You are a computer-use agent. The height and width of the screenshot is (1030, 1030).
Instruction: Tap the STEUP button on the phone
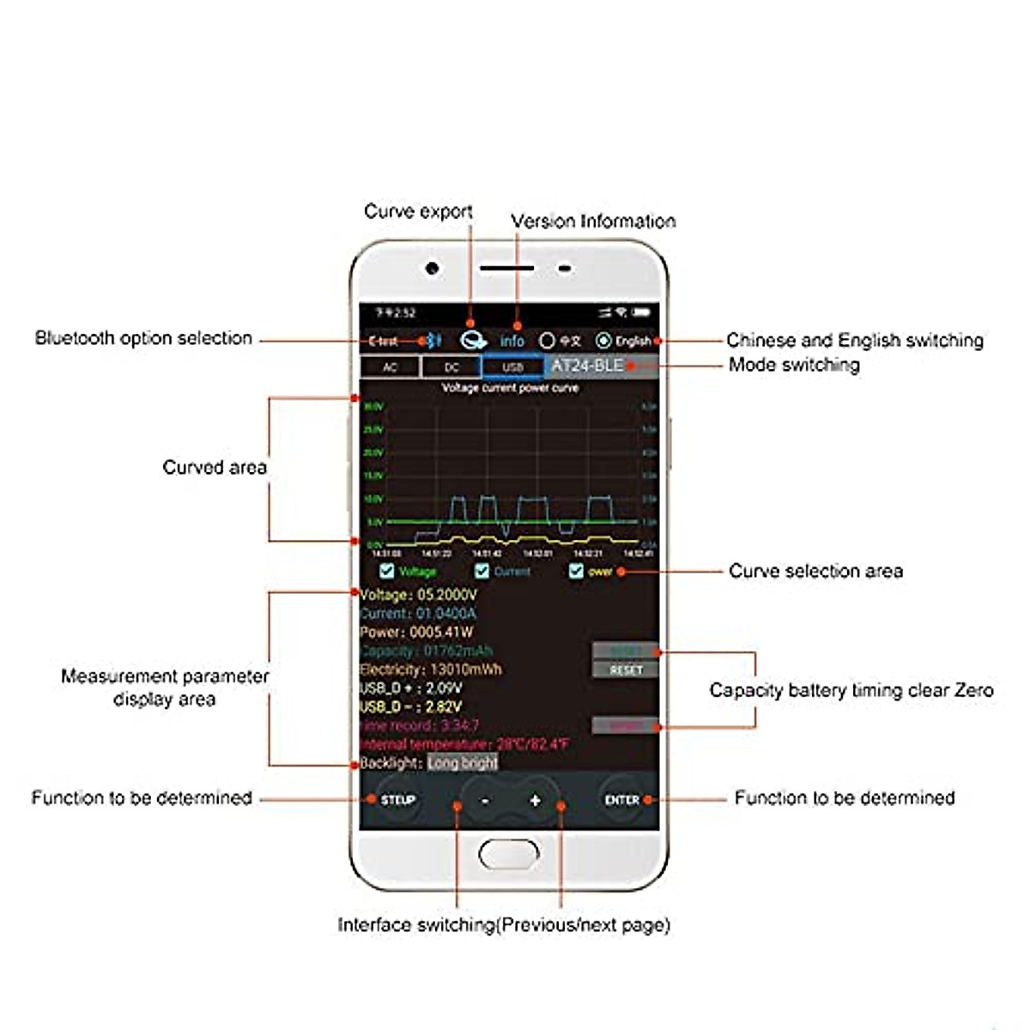(x=397, y=800)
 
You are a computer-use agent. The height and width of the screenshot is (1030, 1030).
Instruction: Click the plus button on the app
(x=535, y=801)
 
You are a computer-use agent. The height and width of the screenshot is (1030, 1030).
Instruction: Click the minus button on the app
(x=485, y=801)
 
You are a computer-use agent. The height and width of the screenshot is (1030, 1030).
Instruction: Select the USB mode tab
(x=512, y=367)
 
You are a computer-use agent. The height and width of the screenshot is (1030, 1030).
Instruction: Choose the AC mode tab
(x=390, y=367)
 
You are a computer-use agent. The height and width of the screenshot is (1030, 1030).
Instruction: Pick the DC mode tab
(x=451, y=367)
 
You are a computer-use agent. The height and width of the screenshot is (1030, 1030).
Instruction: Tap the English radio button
(x=603, y=341)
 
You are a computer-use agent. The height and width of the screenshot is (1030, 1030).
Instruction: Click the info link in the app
(x=512, y=341)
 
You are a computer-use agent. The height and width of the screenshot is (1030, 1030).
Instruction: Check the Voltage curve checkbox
(x=387, y=571)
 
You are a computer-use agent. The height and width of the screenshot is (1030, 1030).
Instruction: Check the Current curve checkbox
(x=482, y=571)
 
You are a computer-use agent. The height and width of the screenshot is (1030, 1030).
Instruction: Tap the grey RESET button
(x=626, y=669)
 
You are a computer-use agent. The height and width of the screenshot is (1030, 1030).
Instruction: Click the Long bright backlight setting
(x=463, y=763)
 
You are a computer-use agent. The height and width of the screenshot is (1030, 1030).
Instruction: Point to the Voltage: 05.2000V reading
(x=419, y=594)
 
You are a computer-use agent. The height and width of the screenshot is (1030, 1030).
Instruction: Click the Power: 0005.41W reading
(x=416, y=632)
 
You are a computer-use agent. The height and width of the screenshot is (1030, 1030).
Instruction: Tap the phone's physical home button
(x=509, y=854)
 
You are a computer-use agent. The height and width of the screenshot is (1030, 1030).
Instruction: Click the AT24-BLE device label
(x=588, y=366)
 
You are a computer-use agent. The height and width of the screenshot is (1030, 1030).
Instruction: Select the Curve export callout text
(x=418, y=211)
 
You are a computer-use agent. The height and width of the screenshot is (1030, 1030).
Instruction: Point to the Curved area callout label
(x=215, y=468)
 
